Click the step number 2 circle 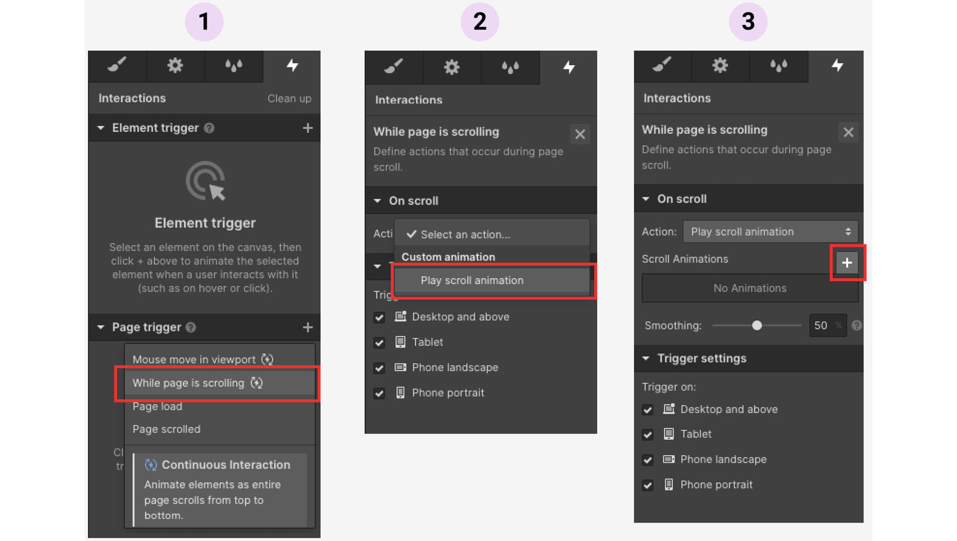(479, 22)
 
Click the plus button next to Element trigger (308, 128)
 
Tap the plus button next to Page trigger (308, 327)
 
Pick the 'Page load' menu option (157, 407)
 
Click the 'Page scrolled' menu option (166, 429)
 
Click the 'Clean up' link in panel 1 (289, 98)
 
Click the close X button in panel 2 (580, 134)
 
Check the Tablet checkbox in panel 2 (379, 343)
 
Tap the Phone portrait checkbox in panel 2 (379, 394)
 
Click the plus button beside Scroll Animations (847, 263)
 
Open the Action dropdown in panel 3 (769, 231)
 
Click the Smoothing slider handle (757, 326)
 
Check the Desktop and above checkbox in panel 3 (648, 410)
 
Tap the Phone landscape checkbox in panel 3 (648, 460)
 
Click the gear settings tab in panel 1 (175, 65)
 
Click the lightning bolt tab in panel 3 (837, 65)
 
